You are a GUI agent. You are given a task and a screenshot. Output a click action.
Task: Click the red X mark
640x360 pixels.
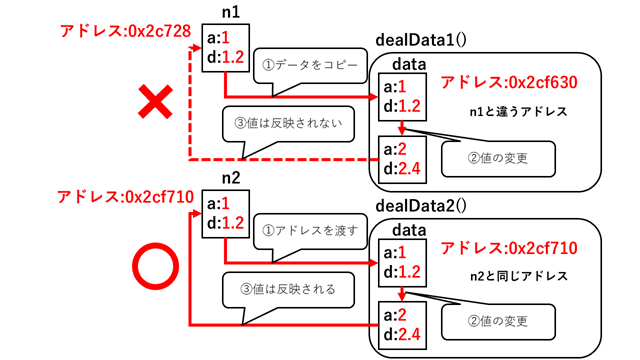pyautogui.click(x=156, y=104)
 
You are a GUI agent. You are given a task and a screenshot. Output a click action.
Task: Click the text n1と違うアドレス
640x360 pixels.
pyautogui.click(x=518, y=112)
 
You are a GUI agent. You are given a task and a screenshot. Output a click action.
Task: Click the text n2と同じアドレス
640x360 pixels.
pyautogui.click(x=518, y=275)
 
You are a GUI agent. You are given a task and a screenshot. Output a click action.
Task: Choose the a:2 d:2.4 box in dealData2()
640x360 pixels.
pyautogui.click(x=400, y=322)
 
